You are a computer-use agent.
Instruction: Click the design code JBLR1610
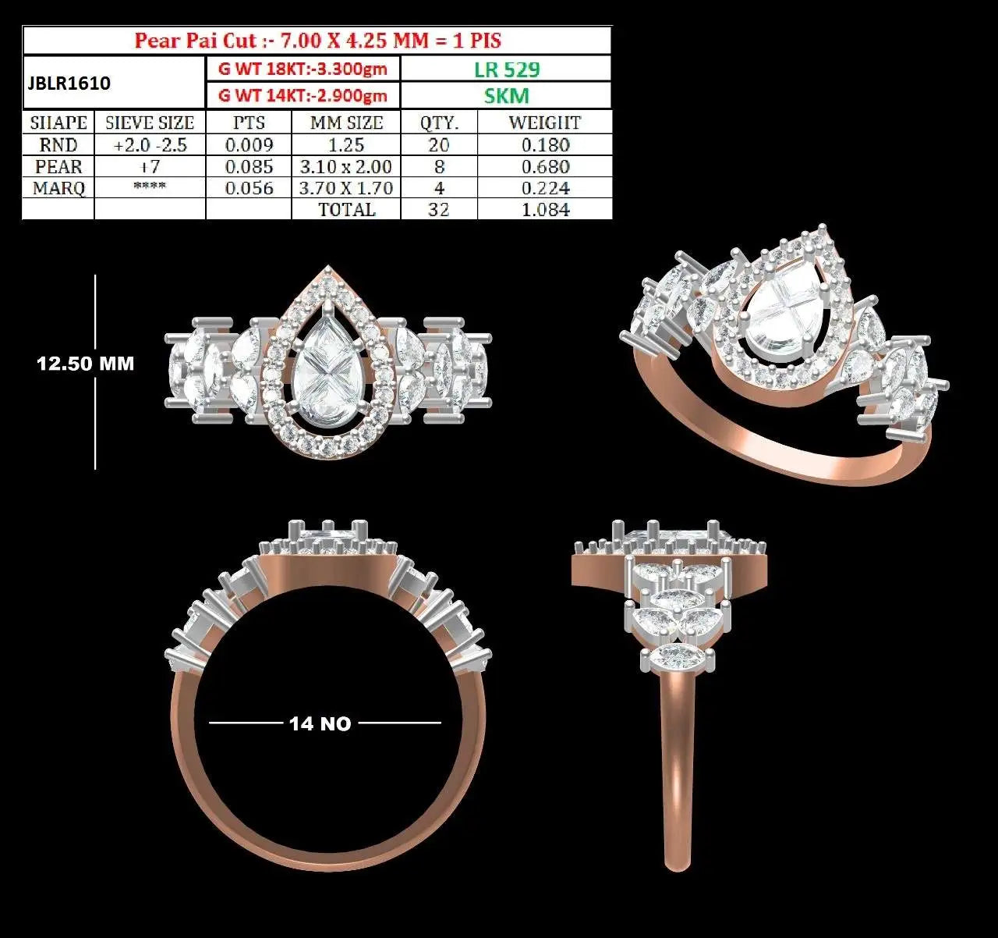(x=69, y=83)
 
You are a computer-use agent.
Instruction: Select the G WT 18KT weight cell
(x=303, y=69)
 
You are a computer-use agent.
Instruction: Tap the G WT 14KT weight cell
(x=303, y=95)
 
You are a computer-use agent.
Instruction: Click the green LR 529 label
(x=507, y=69)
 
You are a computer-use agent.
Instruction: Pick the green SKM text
(x=507, y=95)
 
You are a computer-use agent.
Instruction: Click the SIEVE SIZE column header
(x=150, y=123)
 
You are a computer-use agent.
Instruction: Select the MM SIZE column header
(x=346, y=123)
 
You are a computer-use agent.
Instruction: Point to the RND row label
(x=58, y=145)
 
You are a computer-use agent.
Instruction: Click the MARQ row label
(x=58, y=188)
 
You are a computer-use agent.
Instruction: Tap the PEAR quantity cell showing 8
(x=439, y=166)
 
